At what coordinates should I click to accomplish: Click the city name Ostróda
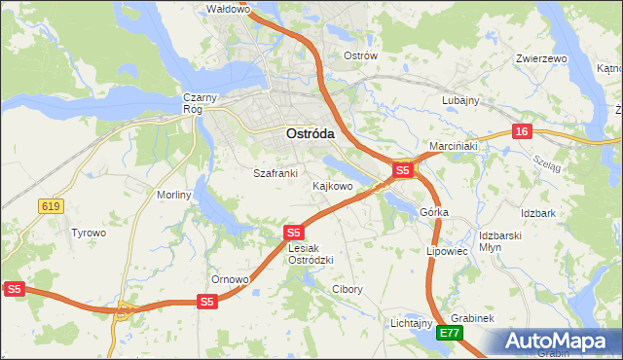pos(311,133)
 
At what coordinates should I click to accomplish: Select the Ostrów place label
pos(360,55)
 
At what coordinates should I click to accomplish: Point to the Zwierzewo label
pos(540,58)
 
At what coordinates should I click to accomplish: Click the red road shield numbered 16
pos(523,131)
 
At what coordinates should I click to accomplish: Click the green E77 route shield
pos(449,333)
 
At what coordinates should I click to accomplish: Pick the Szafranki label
pos(275,173)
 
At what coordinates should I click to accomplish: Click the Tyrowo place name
pos(89,233)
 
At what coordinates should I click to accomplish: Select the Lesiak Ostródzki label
pos(311,254)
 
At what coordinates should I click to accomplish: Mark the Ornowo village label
pos(231,279)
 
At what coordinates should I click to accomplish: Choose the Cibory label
pos(348,289)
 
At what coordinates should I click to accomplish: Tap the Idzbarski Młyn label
pos(502,241)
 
